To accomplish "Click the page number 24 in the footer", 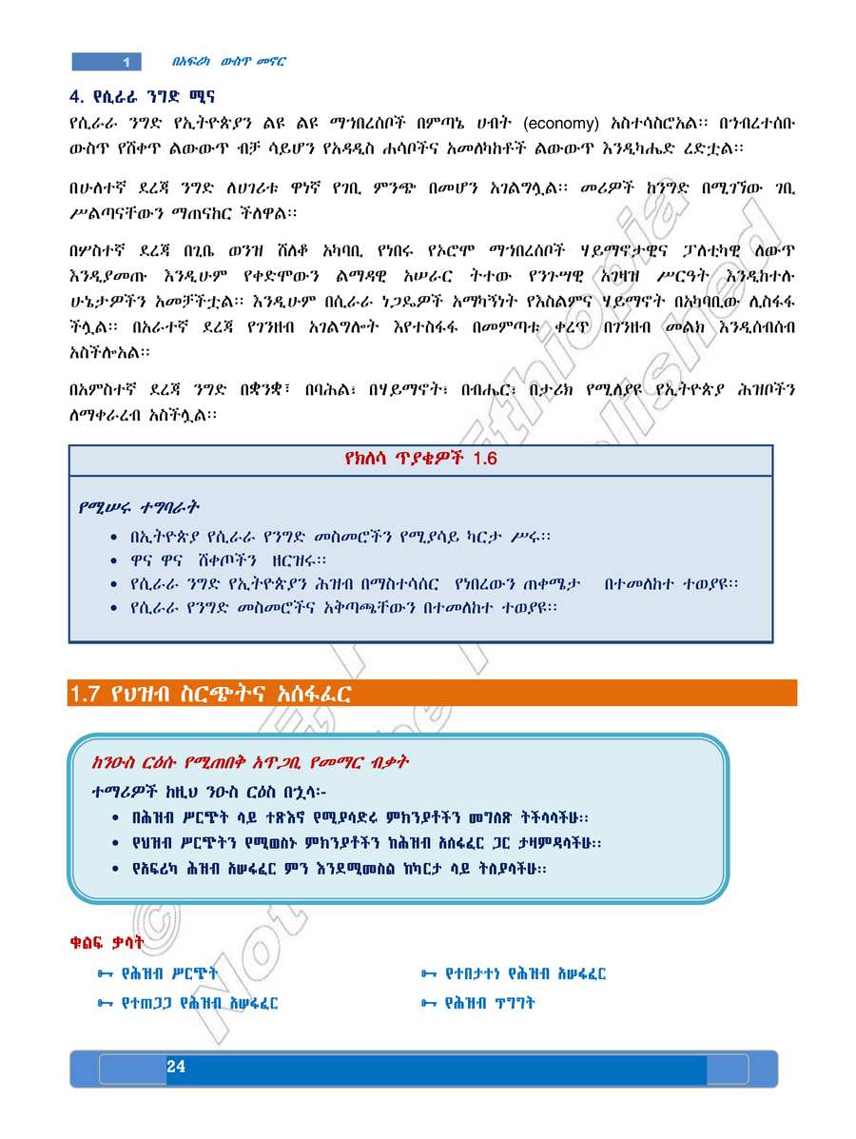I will tap(176, 1068).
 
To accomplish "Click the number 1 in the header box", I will tap(126, 63).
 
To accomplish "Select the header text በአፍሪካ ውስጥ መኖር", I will tap(229, 62).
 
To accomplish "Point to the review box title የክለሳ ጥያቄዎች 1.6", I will tap(420, 460).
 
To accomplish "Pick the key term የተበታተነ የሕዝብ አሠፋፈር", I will tap(526, 973).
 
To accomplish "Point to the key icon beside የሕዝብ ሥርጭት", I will tap(106, 973).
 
